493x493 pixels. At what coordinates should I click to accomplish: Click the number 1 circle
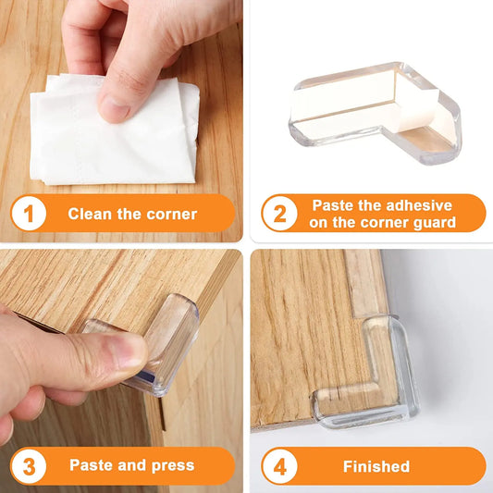(x=29, y=214)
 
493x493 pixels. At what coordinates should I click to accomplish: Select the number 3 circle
(x=29, y=465)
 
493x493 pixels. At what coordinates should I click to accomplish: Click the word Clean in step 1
(x=91, y=214)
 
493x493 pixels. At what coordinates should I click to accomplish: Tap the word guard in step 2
(x=436, y=222)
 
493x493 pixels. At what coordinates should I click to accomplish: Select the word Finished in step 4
(x=376, y=465)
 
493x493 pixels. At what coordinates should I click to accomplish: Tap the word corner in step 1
(x=172, y=214)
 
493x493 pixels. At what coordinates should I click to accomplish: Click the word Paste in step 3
(x=92, y=465)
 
